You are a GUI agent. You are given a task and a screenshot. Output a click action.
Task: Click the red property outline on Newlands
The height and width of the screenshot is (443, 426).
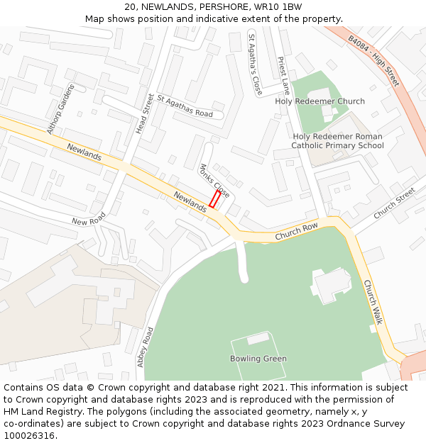pos(214,199)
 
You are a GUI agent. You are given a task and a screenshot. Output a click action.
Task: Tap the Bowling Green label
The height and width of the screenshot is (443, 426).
pos(258,359)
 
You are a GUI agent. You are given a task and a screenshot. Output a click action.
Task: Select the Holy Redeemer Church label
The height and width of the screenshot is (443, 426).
pos(319,101)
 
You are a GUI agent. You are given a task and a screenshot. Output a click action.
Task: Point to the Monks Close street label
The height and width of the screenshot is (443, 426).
pos(214,181)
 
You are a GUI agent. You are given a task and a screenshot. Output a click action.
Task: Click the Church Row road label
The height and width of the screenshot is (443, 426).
pos(296,230)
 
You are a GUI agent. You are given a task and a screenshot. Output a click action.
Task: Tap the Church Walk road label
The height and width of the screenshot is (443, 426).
pos(373,302)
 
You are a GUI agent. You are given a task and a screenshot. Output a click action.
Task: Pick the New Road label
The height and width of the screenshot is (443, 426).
pos(89,218)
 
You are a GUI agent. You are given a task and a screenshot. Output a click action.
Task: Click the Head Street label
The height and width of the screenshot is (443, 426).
pos(144,113)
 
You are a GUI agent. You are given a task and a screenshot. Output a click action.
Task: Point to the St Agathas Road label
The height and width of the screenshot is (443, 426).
pos(185,106)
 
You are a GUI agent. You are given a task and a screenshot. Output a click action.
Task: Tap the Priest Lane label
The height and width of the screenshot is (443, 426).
pos(283,76)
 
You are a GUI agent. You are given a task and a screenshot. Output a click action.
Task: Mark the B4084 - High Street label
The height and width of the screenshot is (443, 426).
pos(373,62)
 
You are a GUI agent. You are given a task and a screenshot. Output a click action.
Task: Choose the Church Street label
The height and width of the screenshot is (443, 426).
pos(394,203)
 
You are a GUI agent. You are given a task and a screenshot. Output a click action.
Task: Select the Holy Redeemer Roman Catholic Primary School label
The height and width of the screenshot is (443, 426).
pos(337,141)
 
